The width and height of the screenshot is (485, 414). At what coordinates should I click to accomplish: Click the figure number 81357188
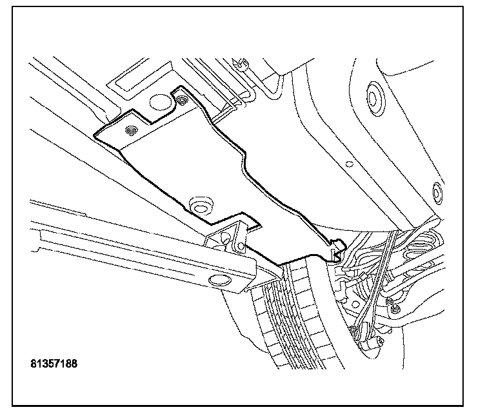pyautogui.click(x=54, y=364)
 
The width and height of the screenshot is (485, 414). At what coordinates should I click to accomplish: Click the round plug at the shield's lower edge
pyautogui.click(x=201, y=205)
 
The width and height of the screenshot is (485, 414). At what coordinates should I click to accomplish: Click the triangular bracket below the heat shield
pyautogui.click(x=227, y=240)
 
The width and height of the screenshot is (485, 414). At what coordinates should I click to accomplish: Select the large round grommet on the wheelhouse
pyautogui.click(x=372, y=96)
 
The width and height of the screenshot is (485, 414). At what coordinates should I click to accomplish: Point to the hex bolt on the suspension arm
pyautogui.click(x=388, y=301)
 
